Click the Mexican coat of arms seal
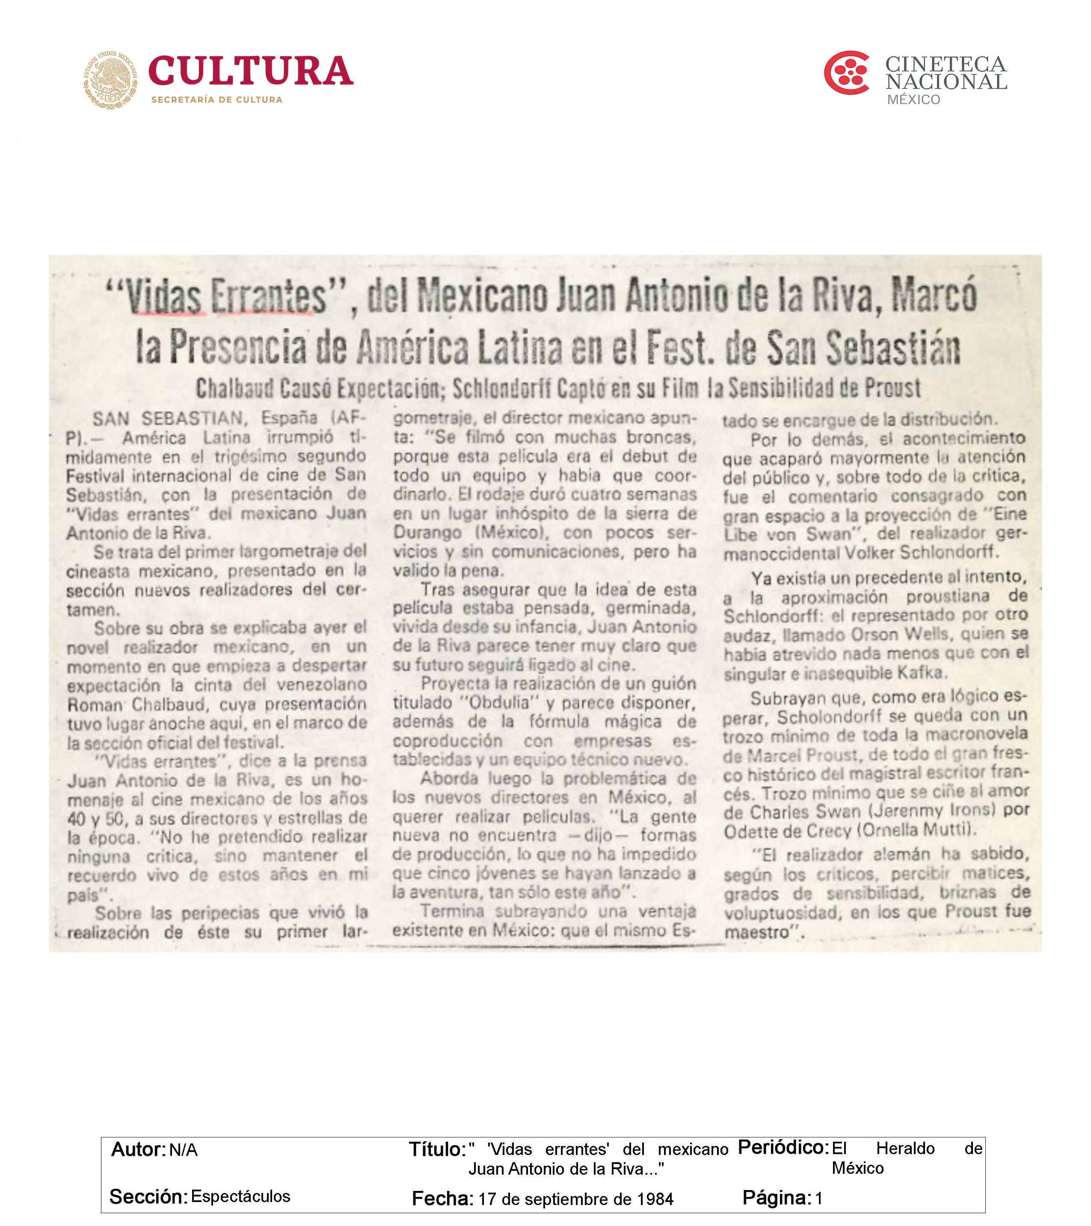click(x=110, y=79)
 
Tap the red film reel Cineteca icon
click(x=846, y=73)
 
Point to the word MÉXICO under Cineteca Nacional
click(x=913, y=100)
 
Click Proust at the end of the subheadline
click(x=892, y=389)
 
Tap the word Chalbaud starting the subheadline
click(x=234, y=389)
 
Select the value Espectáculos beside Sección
click(x=240, y=1196)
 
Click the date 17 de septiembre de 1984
click(x=576, y=1199)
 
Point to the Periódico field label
click(x=783, y=1147)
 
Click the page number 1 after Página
click(x=819, y=1199)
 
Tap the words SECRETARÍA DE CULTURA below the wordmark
click(x=216, y=100)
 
